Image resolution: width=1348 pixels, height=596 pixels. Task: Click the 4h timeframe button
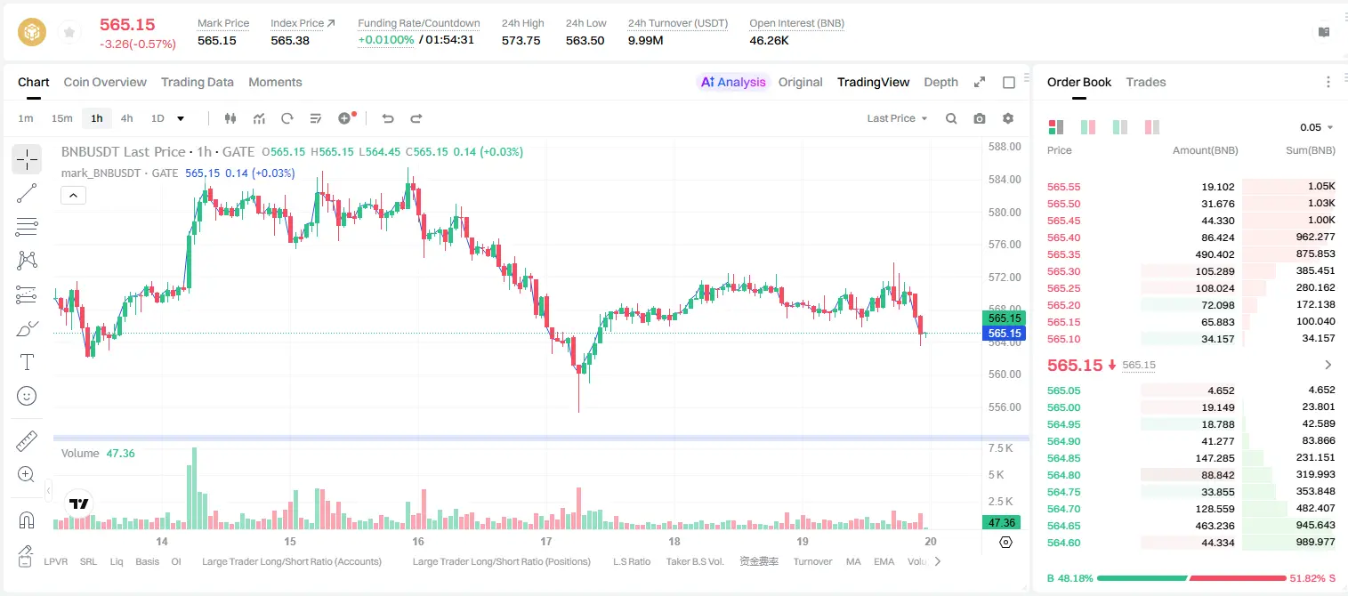point(126,118)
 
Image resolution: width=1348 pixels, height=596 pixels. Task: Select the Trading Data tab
point(197,82)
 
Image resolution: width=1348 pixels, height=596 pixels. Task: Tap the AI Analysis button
point(733,82)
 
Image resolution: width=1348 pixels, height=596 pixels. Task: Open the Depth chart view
point(940,82)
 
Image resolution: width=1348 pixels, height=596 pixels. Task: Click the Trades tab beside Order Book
point(1146,82)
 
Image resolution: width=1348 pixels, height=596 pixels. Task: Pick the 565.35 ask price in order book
point(1063,254)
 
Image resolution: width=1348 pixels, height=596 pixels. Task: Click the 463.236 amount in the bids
point(1215,526)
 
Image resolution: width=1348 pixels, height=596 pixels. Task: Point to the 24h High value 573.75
point(521,40)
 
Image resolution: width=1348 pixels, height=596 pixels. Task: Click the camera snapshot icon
point(980,118)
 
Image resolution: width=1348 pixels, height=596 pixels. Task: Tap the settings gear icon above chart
point(1008,118)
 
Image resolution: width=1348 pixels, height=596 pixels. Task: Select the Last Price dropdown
point(897,118)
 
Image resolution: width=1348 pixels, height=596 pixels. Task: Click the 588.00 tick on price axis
point(1005,147)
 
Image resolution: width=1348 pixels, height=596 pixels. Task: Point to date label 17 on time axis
point(545,541)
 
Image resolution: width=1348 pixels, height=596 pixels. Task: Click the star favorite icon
point(69,32)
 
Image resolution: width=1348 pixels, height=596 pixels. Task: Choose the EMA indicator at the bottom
point(884,561)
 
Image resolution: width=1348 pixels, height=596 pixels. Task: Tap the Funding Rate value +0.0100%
point(386,40)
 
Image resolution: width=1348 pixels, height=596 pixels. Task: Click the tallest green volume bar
point(194,488)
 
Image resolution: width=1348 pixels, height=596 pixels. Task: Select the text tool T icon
point(27,362)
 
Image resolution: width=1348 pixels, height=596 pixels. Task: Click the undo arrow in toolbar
point(388,118)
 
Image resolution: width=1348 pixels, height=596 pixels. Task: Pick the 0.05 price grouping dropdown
point(1316,127)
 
